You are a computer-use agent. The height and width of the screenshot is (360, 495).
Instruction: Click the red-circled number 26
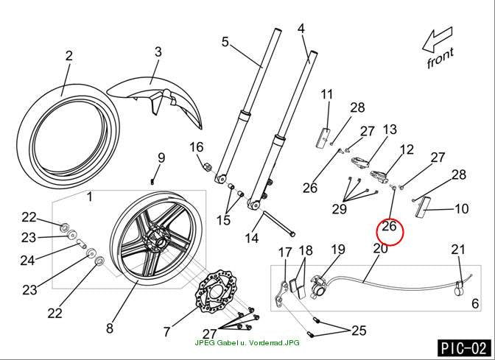pos(389,226)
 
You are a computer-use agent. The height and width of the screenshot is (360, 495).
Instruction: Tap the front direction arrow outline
pos(438,40)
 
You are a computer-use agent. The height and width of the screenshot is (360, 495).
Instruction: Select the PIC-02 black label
pos(464,348)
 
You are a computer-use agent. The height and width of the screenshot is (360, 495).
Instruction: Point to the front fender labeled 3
pos(155,98)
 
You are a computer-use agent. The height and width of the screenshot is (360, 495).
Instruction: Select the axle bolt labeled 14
pos(278,223)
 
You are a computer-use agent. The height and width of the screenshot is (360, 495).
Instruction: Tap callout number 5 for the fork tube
pos(225,42)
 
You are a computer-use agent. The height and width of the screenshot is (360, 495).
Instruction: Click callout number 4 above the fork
pos(301,29)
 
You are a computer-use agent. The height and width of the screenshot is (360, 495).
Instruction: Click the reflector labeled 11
pos(323,138)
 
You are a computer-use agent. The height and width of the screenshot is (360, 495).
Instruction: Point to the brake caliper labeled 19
pos(319,286)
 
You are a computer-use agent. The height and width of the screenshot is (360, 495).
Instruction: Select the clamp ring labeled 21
pos(460,288)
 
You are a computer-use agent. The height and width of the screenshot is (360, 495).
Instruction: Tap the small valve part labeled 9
pos(152,182)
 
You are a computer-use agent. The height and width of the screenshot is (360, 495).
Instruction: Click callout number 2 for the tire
pos(69,56)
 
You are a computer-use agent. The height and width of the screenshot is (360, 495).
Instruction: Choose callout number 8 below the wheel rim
pos(110,328)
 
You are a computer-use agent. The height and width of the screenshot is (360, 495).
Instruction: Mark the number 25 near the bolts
pos(359,331)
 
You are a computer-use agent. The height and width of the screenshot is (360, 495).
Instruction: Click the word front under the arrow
pos(440,57)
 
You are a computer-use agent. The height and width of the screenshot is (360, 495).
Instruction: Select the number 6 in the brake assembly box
pos(475,303)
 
